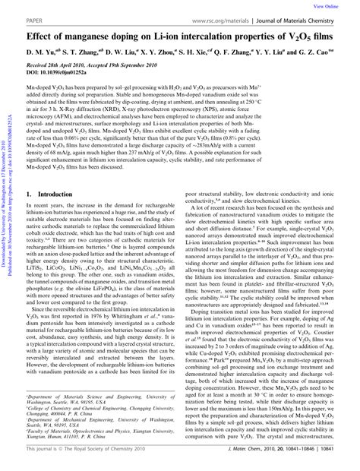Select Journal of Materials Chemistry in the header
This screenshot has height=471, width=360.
(305, 19)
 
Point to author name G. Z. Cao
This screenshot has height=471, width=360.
(317, 55)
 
